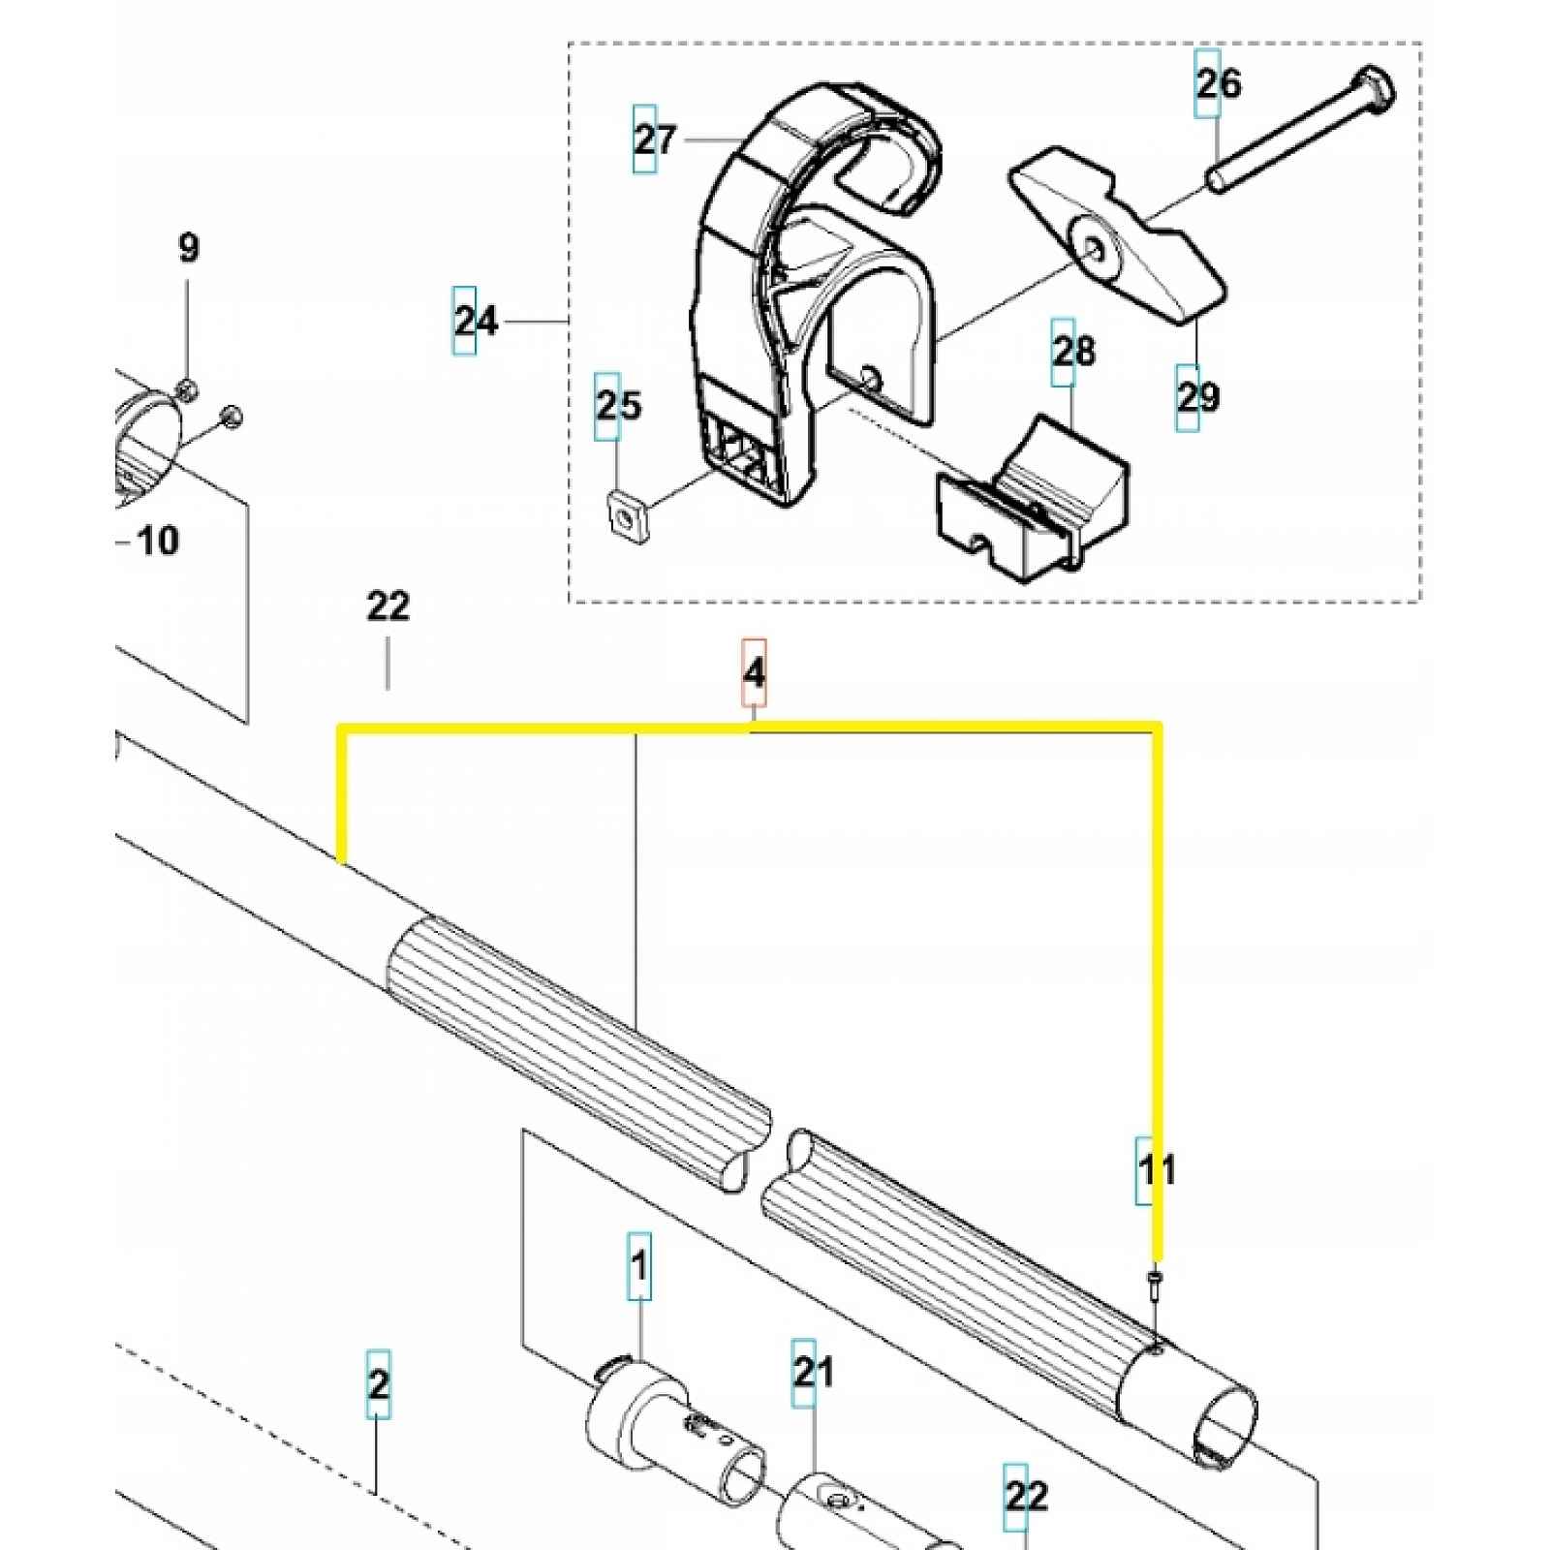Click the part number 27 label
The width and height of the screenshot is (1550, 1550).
655,139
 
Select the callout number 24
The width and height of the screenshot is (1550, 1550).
477,321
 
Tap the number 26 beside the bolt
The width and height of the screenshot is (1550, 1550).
1218,83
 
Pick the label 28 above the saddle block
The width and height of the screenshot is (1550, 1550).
1073,352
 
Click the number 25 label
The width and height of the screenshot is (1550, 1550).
618,405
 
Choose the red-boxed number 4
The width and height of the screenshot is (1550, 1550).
754,671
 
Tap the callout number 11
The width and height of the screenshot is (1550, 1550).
1157,1170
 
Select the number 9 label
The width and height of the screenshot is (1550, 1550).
189,248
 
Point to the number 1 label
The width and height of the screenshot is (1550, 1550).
639,1265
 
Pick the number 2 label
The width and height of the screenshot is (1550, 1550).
378,1383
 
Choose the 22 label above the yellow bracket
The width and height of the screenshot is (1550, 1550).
388,606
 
